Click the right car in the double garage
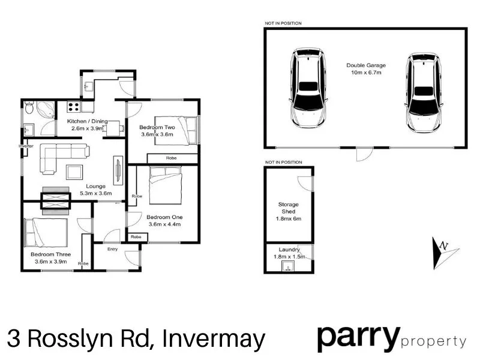tap(425, 92)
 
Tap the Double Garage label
tap(366, 65)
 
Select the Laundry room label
tap(289, 250)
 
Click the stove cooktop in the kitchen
tap(74, 107)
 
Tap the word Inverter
tap(25, 146)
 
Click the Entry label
tap(112, 249)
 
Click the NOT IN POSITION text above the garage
tap(283, 23)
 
